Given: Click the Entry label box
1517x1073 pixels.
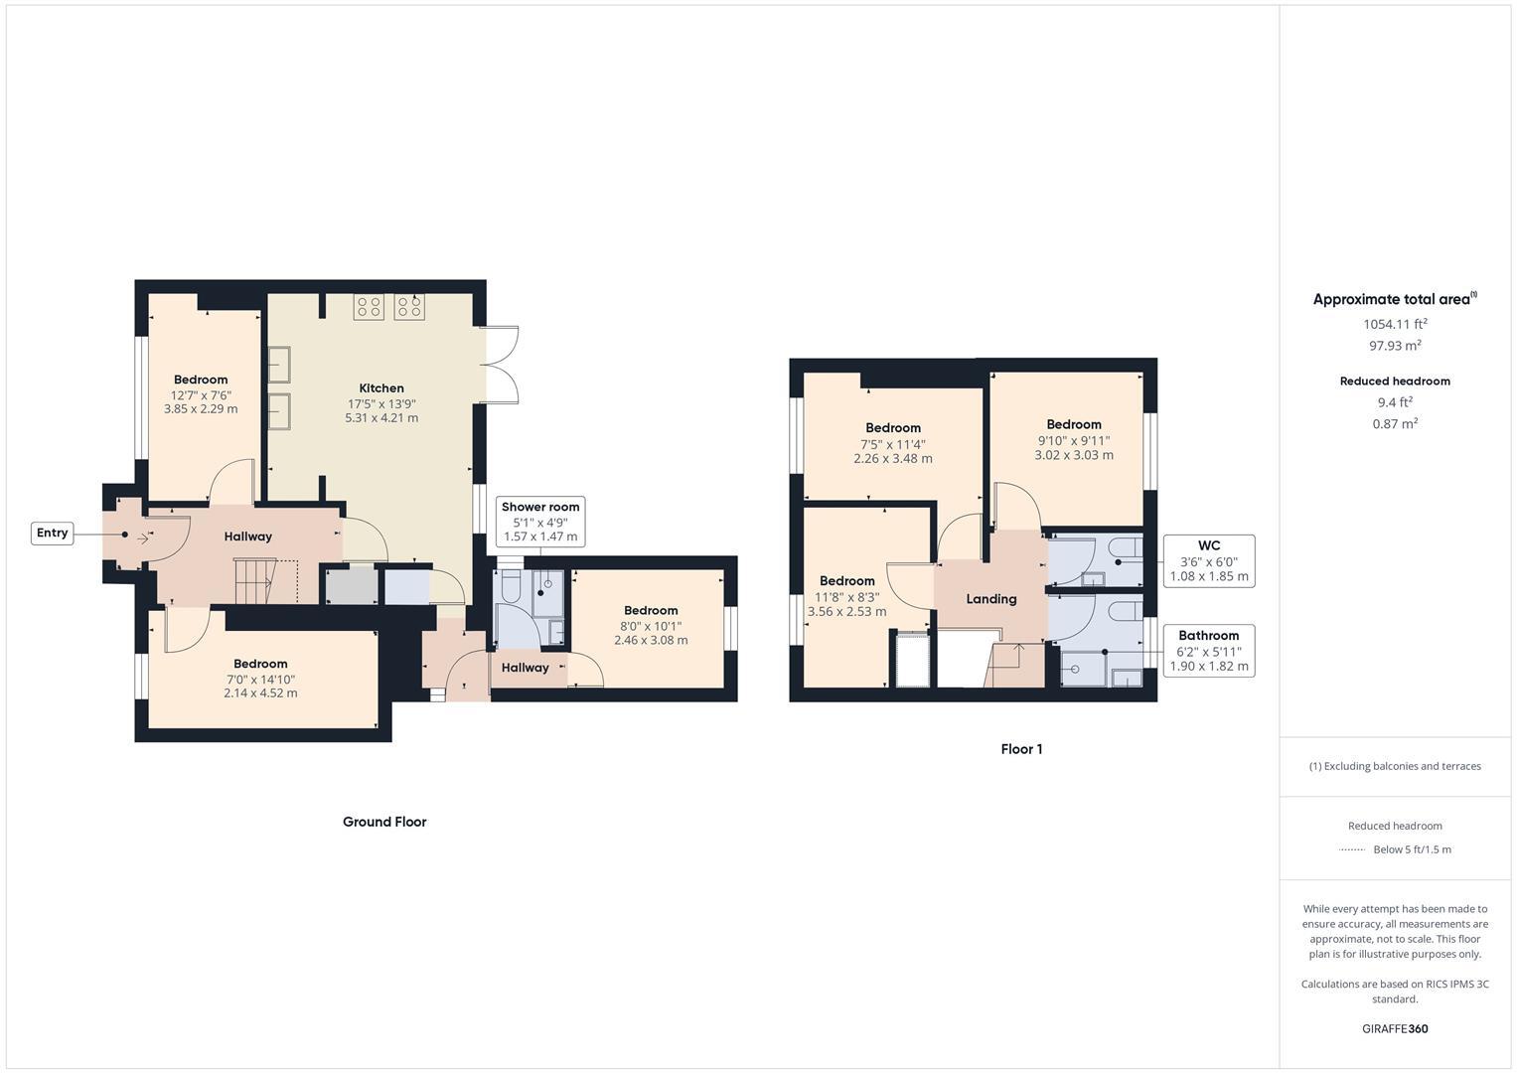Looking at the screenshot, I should tap(52, 534).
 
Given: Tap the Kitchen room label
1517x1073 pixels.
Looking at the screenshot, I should tap(381, 388).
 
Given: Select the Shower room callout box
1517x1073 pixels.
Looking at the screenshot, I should tap(539, 522).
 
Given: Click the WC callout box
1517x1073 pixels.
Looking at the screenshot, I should tap(1208, 561).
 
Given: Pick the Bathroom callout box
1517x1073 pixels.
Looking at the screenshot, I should tap(1208, 651).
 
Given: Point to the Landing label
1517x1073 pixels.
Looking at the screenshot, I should tap(990, 599).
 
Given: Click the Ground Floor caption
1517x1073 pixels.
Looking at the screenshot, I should tap(384, 822).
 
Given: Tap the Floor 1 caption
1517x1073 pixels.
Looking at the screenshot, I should tap(1021, 749).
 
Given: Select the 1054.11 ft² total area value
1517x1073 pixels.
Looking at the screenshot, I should tap(1395, 324).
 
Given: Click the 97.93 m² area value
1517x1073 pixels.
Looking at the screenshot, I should tap(1395, 346).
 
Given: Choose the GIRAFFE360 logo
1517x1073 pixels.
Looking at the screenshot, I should tap(1395, 1028).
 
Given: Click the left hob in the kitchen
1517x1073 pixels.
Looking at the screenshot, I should tap(369, 307).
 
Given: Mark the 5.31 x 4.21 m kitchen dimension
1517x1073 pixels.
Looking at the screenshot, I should tap(381, 418).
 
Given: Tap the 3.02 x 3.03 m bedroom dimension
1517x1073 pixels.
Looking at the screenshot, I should tap(1073, 455).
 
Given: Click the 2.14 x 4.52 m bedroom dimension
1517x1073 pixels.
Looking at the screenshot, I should tap(260, 693).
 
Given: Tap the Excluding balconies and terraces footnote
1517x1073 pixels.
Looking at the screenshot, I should tap(1395, 766).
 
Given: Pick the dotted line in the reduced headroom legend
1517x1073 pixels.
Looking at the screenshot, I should tap(1351, 849).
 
